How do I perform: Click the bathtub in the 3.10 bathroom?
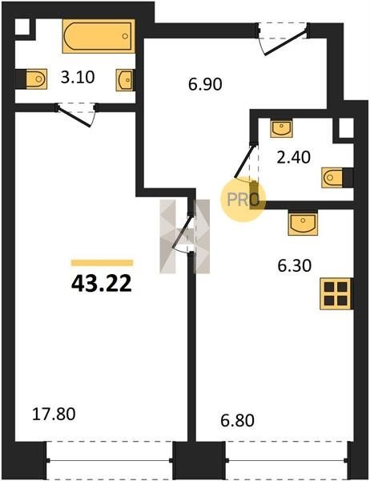[x=99, y=36]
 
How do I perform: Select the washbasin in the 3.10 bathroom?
[x=125, y=80]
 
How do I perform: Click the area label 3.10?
[x=78, y=77]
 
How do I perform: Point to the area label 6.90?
[x=205, y=84]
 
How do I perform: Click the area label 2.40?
[x=294, y=158]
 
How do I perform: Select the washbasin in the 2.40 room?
[x=281, y=128]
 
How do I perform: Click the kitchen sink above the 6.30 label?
[x=303, y=223]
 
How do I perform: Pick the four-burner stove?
[x=336, y=293]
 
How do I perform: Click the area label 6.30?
[x=294, y=265]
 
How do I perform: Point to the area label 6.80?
[x=237, y=420]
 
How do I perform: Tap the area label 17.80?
[x=54, y=414]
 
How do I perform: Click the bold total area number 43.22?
[x=102, y=284]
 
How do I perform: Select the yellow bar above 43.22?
[x=102, y=263]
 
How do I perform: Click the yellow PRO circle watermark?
[x=243, y=199]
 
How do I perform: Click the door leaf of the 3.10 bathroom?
[x=74, y=115]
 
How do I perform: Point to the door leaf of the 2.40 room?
[x=244, y=161]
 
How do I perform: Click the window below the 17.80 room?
[x=110, y=460]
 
